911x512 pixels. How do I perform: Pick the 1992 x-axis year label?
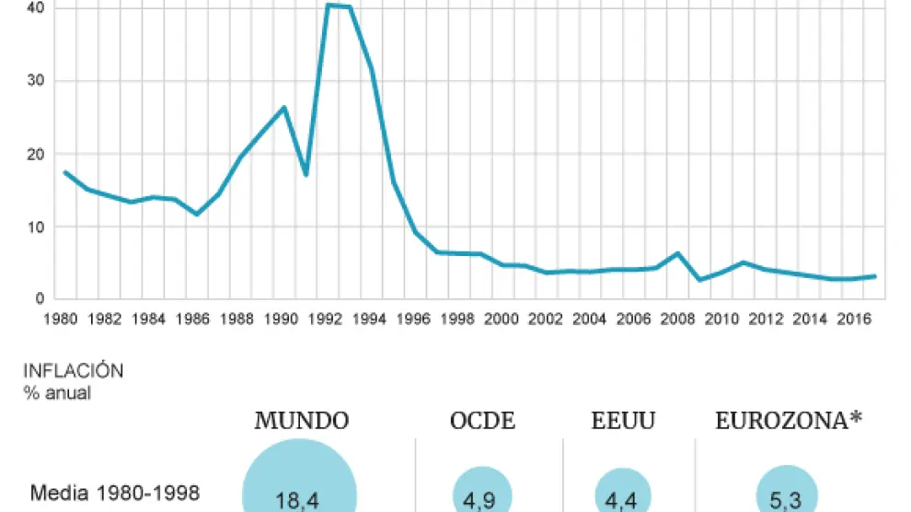pos(327,320)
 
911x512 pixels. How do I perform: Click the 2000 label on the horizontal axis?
pos(502,320)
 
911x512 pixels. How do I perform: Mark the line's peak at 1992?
pos(329,6)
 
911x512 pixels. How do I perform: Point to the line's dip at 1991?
pos(306,174)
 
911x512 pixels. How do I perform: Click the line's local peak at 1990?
pos(284,108)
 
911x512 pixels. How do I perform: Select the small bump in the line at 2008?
pos(677,253)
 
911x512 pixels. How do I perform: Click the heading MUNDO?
pos(302,422)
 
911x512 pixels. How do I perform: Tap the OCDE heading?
pos(482,422)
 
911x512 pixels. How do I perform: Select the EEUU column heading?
pos(624,422)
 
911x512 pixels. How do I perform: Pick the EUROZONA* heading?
pos(789,422)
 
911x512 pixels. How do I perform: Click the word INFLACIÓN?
pos(74,371)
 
